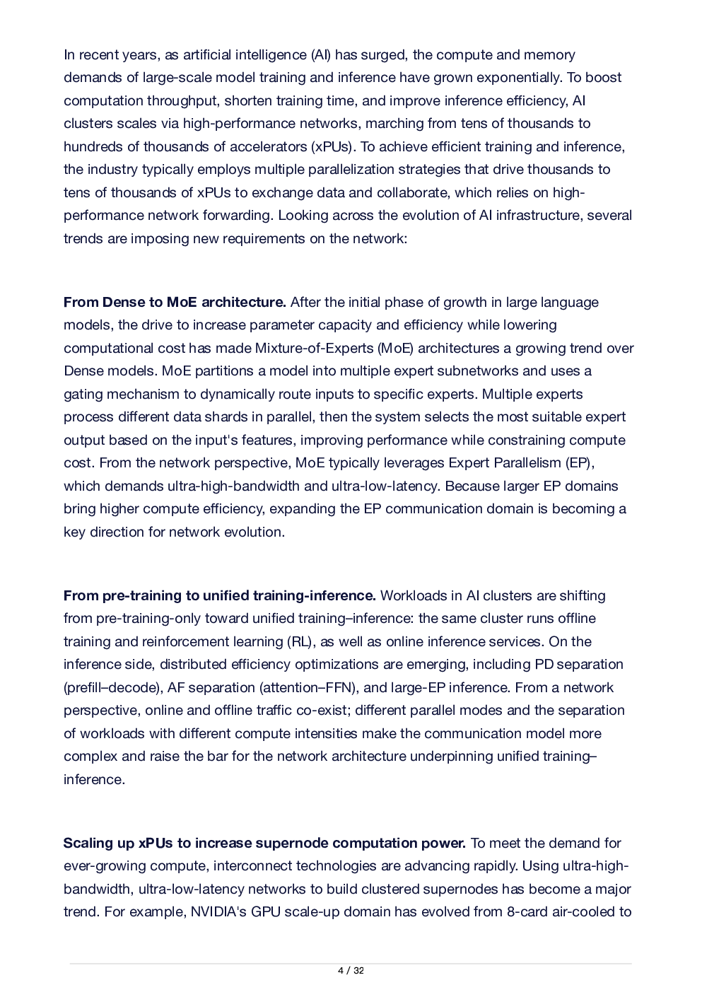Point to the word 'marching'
393,124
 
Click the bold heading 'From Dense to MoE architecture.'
175,303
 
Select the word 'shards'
230,417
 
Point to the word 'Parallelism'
525,463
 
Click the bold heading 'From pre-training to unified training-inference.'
219,596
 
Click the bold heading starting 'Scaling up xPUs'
264,844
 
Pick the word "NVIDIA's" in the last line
218,912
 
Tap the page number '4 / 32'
351,971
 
